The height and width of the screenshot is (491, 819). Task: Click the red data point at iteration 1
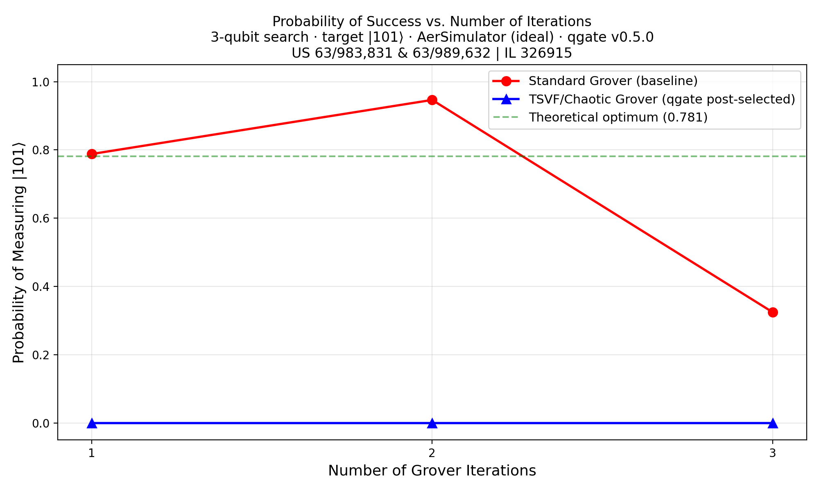tap(92, 154)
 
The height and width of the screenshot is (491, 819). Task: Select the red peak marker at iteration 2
tap(432, 100)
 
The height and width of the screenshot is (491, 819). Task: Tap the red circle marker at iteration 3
tap(773, 312)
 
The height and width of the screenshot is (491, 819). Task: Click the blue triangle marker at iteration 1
tap(92, 423)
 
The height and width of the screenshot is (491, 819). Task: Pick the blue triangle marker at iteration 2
tap(432, 423)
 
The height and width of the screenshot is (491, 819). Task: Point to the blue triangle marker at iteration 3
tap(773, 423)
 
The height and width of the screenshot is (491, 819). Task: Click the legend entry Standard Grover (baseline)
tap(613, 81)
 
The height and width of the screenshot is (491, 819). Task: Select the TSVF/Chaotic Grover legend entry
tap(661, 99)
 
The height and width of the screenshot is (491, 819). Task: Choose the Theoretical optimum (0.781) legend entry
tap(618, 117)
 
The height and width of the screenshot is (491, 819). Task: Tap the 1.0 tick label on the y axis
tap(41, 82)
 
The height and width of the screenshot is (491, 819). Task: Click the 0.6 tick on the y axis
tap(41, 218)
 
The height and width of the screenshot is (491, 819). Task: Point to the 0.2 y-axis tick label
tap(41, 355)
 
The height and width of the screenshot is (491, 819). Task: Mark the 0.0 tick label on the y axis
tap(41, 423)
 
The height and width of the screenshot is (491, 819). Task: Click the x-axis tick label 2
tap(432, 453)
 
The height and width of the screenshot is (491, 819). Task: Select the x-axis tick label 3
tap(772, 453)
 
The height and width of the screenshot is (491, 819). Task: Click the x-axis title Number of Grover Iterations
tap(432, 471)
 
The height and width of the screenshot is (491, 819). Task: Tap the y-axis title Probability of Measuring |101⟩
tap(19, 252)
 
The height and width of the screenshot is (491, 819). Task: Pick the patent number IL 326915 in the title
tap(539, 53)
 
